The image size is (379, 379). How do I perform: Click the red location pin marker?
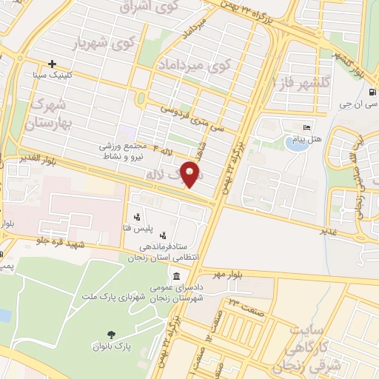[192, 175]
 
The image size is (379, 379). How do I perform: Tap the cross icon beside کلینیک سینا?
[52, 64]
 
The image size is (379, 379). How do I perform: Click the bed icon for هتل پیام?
[308, 129]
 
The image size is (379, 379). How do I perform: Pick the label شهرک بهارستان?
[51, 115]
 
